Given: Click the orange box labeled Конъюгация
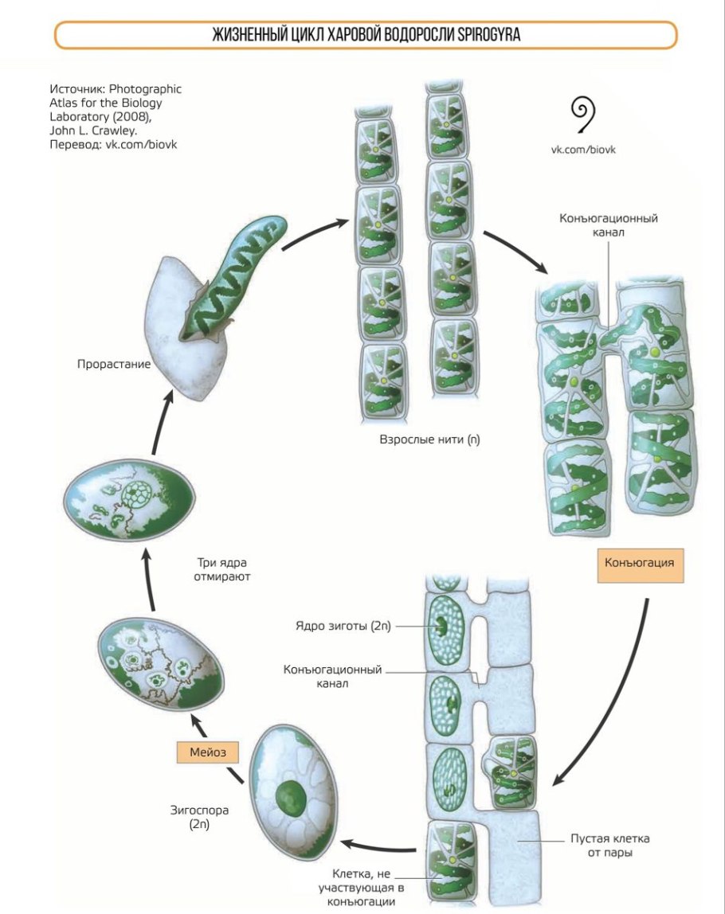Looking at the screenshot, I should tap(640, 562).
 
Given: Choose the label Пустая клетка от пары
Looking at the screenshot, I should tap(609, 847).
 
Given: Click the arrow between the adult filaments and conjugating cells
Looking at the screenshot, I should tap(515, 250).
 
